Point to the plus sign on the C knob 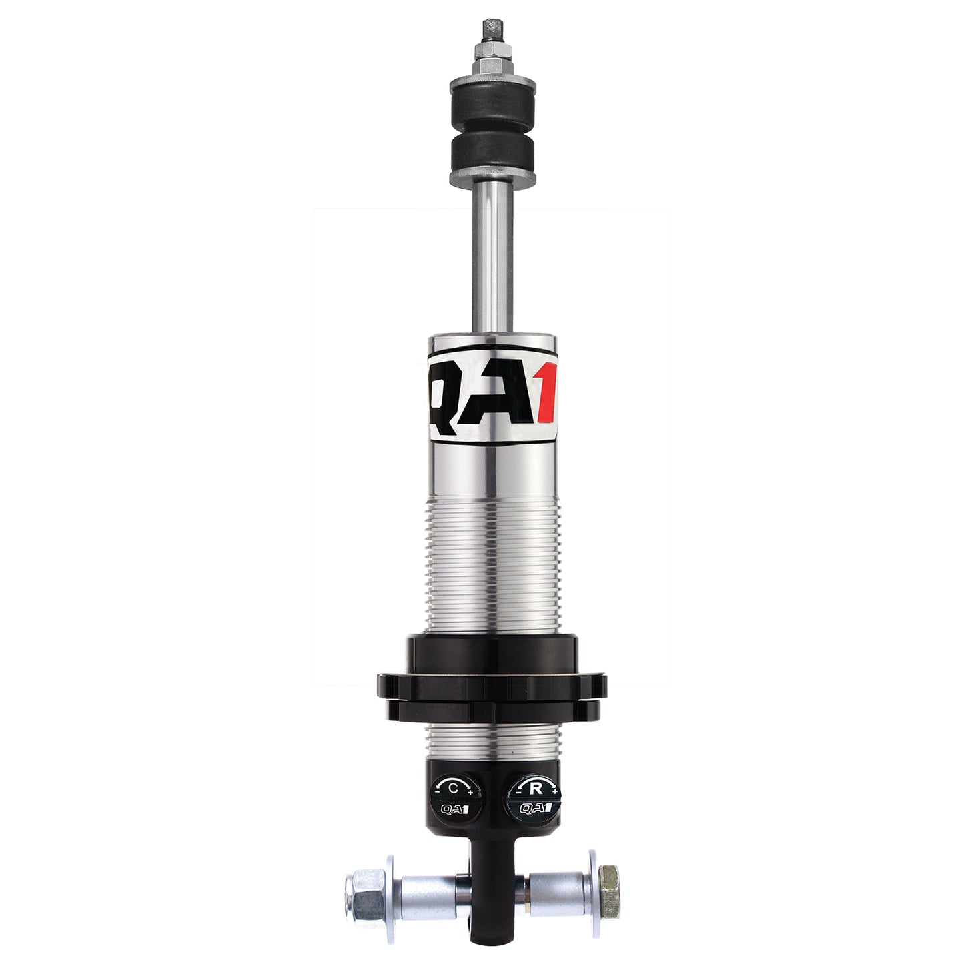[x=470, y=792]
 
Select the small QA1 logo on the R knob [x=534, y=809]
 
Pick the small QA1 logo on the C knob [x=454, y=809]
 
